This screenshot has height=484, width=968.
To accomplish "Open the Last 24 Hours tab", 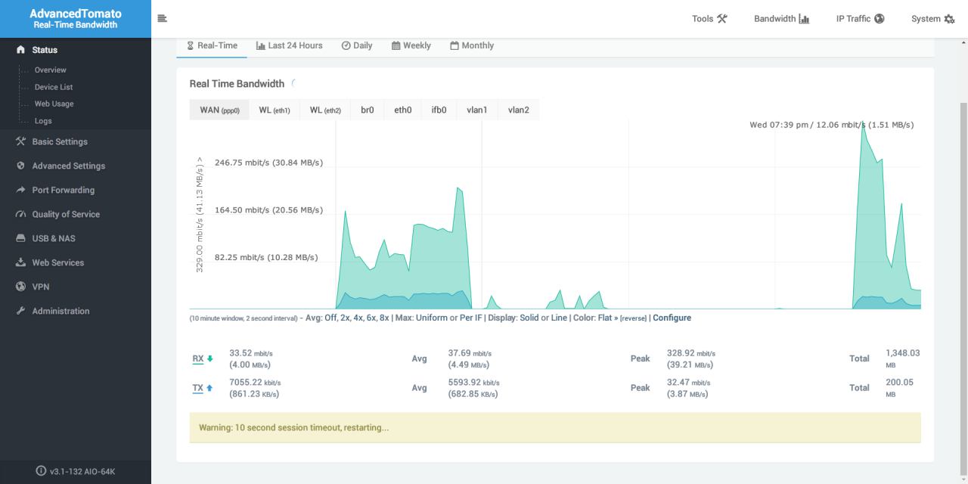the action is (289, 45).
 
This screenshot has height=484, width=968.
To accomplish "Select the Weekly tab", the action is (411, 45).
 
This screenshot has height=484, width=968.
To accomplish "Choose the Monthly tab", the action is (471, 45).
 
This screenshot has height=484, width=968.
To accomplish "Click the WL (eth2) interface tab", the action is (325, 110).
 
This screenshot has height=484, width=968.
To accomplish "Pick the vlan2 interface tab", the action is (518, 110).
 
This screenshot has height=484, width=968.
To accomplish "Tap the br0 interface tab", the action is (367, 110).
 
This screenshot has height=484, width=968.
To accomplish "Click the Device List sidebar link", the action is (54, 87).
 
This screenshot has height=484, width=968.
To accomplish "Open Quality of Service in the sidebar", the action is (66, 214).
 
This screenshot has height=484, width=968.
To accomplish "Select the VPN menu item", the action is (41, 287).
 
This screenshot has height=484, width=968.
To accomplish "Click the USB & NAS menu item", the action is (54, 238).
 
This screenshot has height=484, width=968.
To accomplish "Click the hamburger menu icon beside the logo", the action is (162, 18).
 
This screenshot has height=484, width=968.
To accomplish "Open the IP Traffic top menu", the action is (860, 19).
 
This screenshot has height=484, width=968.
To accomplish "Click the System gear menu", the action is (932, 19).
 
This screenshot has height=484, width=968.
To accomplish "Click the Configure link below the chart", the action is (672, 318).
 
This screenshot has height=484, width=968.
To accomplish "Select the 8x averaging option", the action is (384, 318).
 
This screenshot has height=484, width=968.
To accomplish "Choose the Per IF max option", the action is (470, 318).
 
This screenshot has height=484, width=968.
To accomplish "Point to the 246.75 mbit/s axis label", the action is (268, 163).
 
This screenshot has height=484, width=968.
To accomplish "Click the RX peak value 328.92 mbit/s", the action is (691, 353).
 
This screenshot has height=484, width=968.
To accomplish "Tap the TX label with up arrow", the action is (202, 388).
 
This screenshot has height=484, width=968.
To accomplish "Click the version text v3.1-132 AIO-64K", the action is (82, 471).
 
